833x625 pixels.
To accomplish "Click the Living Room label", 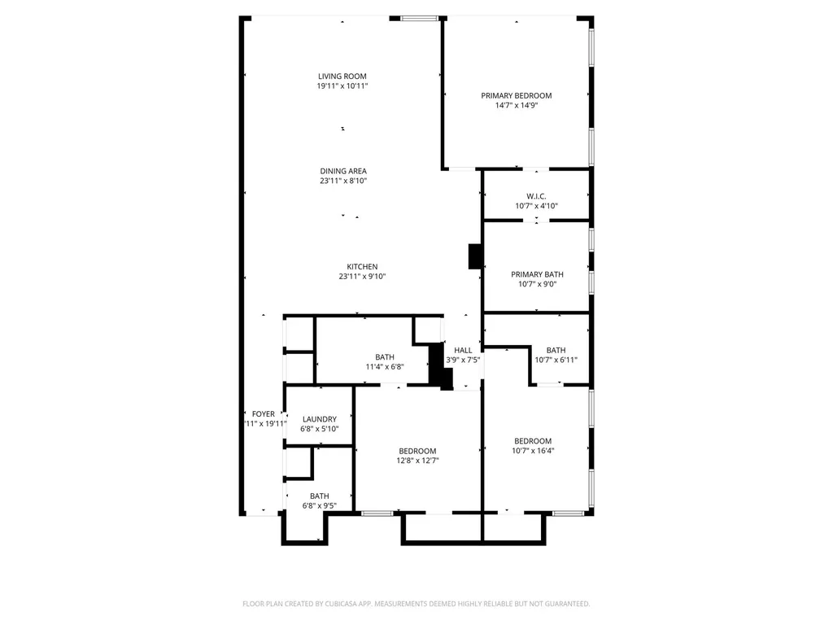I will coord(342,76).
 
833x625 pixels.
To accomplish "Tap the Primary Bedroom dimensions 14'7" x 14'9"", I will coord(516,105).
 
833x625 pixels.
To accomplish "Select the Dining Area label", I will coord(342,171).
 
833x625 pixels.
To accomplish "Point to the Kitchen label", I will coord(362,267).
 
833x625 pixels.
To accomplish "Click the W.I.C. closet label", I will coord(536,196).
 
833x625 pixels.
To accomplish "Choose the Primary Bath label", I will coord(537,274).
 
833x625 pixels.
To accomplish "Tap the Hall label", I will coord(463,350).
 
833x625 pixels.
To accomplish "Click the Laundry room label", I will coord(319,419).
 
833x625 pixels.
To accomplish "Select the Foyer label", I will coord(263,413).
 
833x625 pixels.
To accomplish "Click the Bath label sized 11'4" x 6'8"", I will coord(385,357).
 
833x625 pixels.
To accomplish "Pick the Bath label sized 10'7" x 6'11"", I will coord(556,350).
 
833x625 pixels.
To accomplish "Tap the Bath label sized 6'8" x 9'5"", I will coord(319,496).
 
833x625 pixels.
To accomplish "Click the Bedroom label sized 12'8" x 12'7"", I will coord(417,451).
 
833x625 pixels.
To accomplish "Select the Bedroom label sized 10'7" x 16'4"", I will coord(533,441).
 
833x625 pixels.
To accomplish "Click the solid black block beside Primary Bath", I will coord(475,256).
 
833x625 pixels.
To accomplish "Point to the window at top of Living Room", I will coord(420,18).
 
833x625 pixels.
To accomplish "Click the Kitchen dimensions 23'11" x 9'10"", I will coord(362,277).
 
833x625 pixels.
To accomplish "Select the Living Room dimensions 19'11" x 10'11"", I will coord(342,86).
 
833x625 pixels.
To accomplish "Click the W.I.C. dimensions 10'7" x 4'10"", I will coord(536,206).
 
